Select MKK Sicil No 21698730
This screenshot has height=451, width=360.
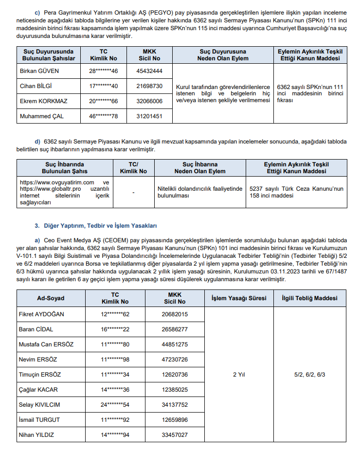click(x=149, y=86)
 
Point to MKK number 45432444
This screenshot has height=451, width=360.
click(x=149, y=71)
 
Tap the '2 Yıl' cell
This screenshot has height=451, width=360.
click(x=238, y=374)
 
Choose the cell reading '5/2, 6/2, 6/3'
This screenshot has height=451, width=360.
click(x=309, y=374)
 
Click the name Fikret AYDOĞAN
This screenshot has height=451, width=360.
click(x=41, y=314)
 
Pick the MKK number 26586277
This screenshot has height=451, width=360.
click(x=175, y=329)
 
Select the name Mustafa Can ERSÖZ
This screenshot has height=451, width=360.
click(x=47, y=344)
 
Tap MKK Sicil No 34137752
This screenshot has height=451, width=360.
click(x=175, y=405)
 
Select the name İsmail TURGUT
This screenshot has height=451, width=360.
click(x=39, y=420)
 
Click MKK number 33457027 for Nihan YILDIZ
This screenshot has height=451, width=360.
click(x=175, y=435)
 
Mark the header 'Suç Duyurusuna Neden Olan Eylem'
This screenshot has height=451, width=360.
click(x=222, y=54)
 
